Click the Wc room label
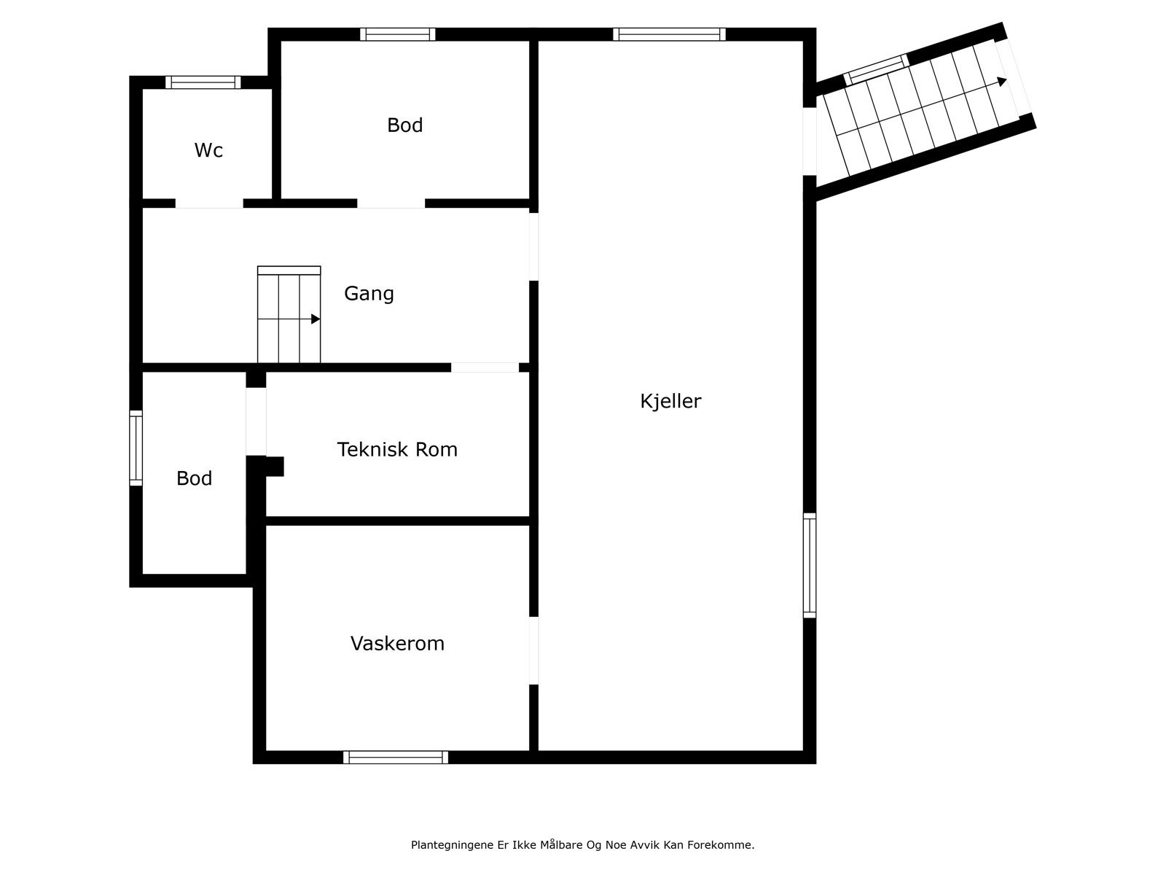(x=208, y=150)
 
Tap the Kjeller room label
(x=670, y=401)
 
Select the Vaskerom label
(x=397, y=643)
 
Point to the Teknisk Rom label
(x=397, y=449)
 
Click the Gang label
(x=369, y=293)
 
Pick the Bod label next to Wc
(x=404, y=125)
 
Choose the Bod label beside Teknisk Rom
(x=194, y=478)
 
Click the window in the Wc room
(x=203, y=82)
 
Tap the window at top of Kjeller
(x=669, y=34)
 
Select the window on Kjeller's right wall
(x=810, y=565)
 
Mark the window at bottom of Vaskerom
(x=396, y=758)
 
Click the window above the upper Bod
(x=398, y=34)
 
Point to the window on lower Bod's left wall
(x=136, y=448)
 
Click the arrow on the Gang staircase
(x=316, y=319)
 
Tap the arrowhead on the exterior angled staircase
(x=1003, y=82)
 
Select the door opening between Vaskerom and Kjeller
(x=533, y=650)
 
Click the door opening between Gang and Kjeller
(x=533, y=246)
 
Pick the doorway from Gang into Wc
(x=209, y=203)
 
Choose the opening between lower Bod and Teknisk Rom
(x=256, y=421)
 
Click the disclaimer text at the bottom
(x=582, y=845)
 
